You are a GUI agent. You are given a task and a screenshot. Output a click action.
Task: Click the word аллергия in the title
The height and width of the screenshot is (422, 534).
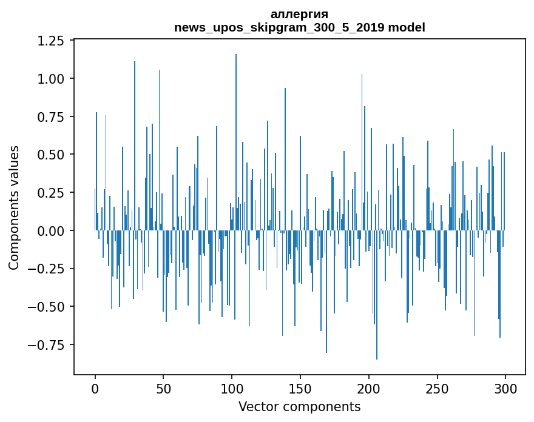click(x=299, y=15)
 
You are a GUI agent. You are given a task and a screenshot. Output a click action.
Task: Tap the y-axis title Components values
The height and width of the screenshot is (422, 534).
click(x=15, y=207)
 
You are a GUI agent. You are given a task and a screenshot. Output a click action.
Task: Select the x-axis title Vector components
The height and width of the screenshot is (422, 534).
click(x=299, y=407)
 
